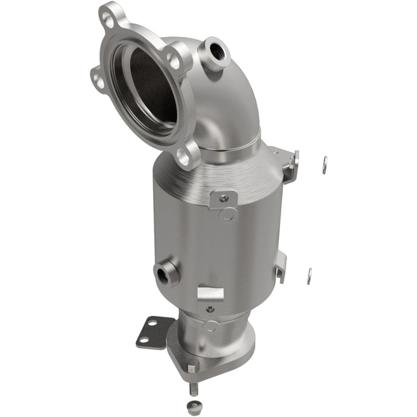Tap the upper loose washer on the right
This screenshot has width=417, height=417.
(324, 164)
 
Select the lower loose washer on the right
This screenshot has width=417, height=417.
(309, 275)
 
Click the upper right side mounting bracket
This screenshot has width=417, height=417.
(290, 164)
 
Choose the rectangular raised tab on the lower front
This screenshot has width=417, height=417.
(210, 293)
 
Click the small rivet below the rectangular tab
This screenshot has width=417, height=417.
(210, 309)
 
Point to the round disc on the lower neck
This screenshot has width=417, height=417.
(210, 326)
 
